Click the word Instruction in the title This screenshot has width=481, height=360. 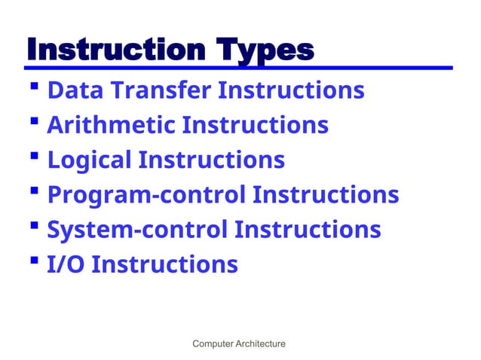[x=112, y=50]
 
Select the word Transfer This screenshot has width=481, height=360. [x=161, y=90]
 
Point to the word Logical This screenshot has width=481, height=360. [x=89, y=160]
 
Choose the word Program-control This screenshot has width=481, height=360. [x=146, y=194]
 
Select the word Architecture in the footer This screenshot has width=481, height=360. [x=261, y=344]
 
